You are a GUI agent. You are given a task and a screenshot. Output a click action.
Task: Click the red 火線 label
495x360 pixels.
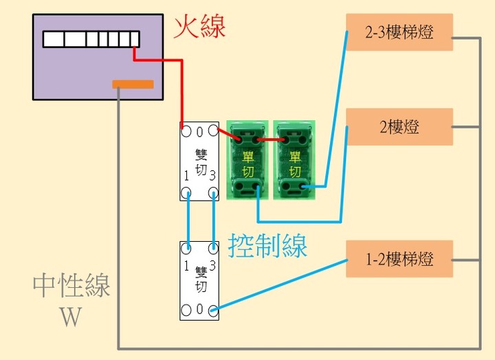[199, 27]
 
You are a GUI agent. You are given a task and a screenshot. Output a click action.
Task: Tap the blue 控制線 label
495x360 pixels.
[267, 245]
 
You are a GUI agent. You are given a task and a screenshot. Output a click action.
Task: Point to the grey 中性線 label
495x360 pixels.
[71, 286]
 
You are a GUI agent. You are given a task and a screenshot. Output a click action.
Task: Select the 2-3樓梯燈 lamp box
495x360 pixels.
[399, 32]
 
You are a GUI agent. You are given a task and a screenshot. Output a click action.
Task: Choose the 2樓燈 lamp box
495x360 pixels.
[399, 127]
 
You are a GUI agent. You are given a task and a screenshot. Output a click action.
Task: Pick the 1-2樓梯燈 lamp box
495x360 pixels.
[399, 259]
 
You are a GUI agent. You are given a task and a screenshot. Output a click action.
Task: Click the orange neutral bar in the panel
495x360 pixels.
[133, 85]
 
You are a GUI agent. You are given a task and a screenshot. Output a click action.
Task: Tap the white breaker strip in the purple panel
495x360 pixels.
[91, 39]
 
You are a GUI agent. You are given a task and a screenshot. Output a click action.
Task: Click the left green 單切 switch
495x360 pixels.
[247, 160]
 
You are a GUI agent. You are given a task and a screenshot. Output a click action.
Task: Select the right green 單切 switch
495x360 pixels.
[294, 160]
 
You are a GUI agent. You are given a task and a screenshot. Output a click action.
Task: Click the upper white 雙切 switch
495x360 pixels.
[199, 161]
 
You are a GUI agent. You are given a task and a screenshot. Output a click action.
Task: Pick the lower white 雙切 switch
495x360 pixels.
[199, 281]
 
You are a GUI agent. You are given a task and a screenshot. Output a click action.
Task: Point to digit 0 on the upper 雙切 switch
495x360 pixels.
[199, 132]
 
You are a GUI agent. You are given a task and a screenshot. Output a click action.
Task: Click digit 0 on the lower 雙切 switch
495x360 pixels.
[199, 308]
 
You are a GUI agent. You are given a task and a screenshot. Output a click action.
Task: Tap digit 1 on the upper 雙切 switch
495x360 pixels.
[186, 176]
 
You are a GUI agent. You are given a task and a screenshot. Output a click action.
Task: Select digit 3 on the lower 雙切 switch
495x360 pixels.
[212, 266]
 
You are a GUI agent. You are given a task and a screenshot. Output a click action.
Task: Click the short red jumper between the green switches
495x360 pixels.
[271, 139]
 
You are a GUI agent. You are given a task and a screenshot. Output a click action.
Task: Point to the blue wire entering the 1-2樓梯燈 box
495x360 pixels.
[280, 286]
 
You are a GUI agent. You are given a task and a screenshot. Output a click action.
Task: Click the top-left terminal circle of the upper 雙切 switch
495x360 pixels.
[186, 131]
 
